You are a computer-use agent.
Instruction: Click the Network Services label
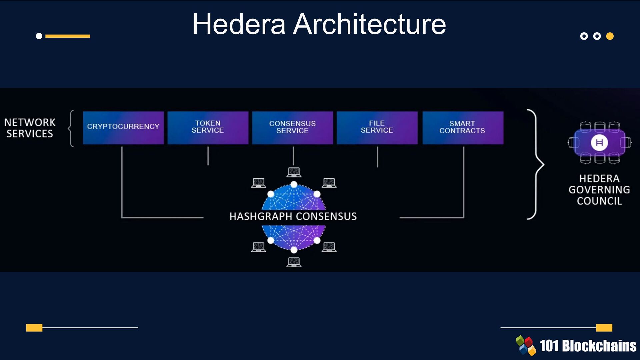tap(30, 128)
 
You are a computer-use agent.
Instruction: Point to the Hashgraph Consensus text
tap(293, 217)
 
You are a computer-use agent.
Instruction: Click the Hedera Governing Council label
tap(599, 190)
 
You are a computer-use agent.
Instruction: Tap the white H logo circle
tap(599, 143)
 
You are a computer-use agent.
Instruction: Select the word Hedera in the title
tap(239, 24)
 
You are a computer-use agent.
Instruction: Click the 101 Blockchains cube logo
tap(526, 345)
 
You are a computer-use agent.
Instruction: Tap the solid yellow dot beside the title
tap(610, 36)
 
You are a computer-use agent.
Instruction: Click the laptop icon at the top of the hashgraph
tap(294, 172)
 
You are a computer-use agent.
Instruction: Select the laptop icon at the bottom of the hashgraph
tap(294, 262)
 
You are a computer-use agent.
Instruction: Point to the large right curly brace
tap(536, 164)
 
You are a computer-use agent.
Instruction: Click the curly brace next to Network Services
tap(71, 128)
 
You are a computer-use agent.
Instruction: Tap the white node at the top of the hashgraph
tap(294, 184)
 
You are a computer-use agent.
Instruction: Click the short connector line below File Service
tap(377, 157)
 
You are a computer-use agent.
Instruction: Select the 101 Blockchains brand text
tap(587, 346)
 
